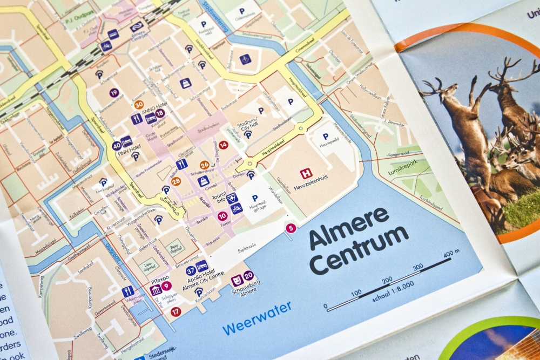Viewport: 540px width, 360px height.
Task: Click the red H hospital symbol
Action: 306,173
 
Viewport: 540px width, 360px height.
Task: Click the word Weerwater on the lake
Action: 257,318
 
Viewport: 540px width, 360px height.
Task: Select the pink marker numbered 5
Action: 291,228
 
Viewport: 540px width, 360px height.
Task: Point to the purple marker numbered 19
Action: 114,93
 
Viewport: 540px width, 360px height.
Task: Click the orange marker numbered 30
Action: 139,105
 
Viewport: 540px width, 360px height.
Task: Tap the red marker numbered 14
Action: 223,145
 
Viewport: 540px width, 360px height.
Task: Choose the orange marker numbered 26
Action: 204,165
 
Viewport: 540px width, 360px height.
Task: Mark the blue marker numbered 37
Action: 191,271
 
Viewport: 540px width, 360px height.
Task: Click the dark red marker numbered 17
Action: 175,311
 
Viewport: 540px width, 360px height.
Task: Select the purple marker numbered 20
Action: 248,276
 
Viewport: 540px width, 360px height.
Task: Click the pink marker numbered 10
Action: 222,216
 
